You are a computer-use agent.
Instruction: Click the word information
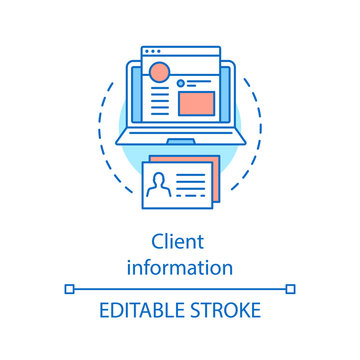pos(180,267)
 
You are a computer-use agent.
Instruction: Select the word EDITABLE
pos(138,311)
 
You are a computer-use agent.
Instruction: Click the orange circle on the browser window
pos(160,73)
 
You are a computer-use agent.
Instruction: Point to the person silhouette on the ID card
pos(158,187)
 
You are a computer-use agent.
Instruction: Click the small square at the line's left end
pos(69,289)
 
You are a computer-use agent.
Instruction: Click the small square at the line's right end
pos(291,289)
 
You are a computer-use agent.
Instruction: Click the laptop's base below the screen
pos(180,135)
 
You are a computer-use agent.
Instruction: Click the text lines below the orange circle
pos(157,100)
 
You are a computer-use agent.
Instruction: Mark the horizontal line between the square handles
pos(180,289)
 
